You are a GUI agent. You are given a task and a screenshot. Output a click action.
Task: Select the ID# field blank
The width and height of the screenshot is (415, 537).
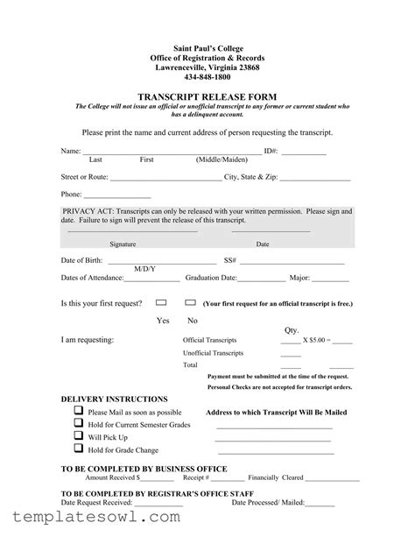(x=304, y=153)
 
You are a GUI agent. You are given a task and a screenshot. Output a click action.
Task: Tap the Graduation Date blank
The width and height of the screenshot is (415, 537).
(x=261, y=280)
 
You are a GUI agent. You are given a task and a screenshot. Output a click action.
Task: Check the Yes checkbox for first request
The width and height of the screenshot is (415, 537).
(x=161, y=302)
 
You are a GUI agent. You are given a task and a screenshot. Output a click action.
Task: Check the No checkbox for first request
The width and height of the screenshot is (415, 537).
(x=190, y=302)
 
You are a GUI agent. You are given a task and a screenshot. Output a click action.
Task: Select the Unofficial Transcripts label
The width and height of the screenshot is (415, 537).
(x=213, y=352)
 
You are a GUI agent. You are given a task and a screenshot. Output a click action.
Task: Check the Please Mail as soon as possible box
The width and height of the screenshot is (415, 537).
(x=79, y=411)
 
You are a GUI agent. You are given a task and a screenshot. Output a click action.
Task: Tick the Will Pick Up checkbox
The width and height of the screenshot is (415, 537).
(x=79, y=436)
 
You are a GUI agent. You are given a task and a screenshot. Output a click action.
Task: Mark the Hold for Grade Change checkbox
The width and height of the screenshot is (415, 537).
(x=79, y=449)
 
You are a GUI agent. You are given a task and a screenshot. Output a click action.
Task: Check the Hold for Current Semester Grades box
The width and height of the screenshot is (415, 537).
(x=79, y=424)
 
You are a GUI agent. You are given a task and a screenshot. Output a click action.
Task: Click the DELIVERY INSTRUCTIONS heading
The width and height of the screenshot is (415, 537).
(x=114, y=399)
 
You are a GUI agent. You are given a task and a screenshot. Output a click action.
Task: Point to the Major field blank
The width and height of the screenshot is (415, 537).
(x=331, y=280)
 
